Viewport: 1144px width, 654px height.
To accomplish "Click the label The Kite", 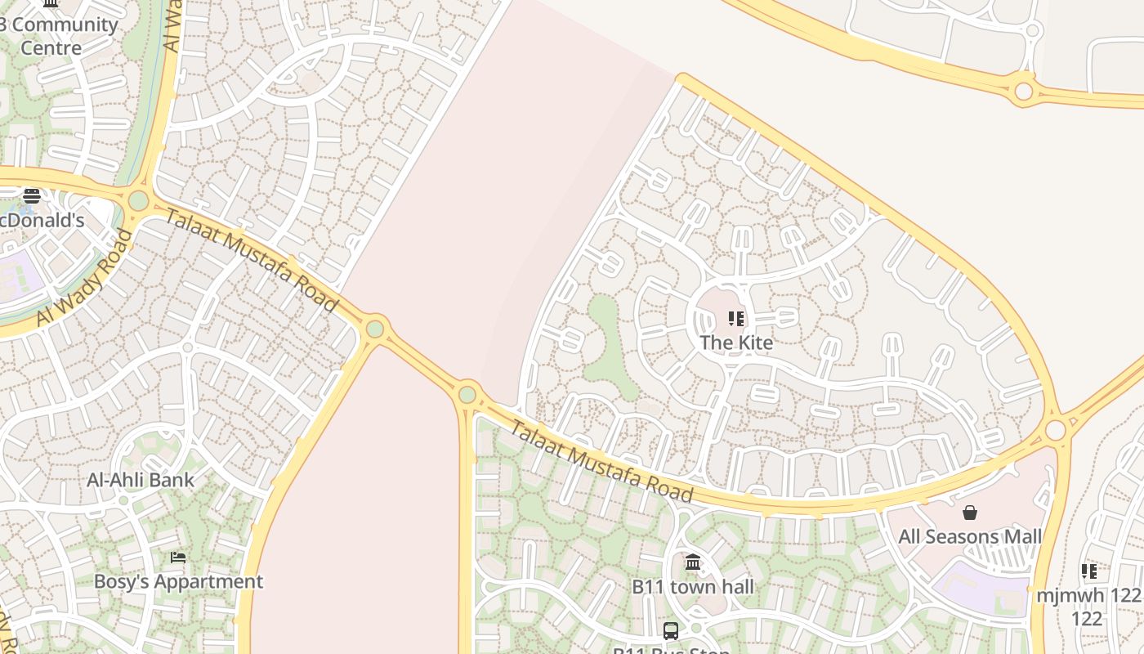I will tap(736, 343).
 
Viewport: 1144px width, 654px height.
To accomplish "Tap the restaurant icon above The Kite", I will tap(736, 318).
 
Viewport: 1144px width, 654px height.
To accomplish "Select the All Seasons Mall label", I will tap(970, 537).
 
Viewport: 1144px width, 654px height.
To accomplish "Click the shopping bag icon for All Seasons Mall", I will tap(970, 513).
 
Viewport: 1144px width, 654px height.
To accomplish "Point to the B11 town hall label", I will tap(693, 587).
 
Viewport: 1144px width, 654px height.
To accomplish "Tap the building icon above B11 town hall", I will tap(693, 562).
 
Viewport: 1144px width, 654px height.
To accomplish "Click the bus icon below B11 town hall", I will tap(671, 630).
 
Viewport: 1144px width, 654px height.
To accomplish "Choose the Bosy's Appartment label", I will tap(178, 581).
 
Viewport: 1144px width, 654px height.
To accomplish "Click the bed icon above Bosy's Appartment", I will tap(178, 558).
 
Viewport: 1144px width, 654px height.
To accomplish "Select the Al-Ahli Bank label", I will tap(141, 480).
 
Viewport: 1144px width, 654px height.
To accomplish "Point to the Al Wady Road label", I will tap(84, 278).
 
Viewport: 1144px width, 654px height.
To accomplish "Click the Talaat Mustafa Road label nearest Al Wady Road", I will tap(252, 260).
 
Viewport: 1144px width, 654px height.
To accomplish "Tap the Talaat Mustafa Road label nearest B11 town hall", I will tap(601, 462).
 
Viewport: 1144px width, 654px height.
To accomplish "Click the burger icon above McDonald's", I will tap(32, 195).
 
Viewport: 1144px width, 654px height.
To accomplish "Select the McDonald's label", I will tap(42, 220).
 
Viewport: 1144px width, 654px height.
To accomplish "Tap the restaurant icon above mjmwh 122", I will tap(1088, 571).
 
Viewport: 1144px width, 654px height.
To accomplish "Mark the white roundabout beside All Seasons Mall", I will tap(1055, 429).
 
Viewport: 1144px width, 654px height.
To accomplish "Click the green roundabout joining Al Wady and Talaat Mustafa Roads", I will tap(138, 199).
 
